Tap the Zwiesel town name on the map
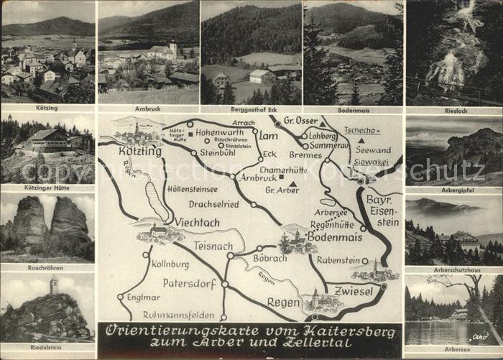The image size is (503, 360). (354, 291)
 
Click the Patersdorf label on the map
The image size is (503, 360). (189, 283)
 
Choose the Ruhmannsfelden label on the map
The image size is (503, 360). (177, 314)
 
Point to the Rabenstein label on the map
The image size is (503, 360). (337, 261)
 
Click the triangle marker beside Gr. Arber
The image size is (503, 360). (292, 185)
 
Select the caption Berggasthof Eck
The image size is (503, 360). (251, 108)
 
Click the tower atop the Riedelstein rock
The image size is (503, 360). (53, 285)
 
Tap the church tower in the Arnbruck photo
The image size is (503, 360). (172, 48)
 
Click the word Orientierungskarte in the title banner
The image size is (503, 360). (166, 332)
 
